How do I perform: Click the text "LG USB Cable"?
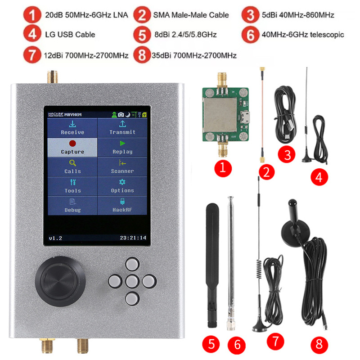[70, 35]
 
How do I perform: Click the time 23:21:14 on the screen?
[133, 237]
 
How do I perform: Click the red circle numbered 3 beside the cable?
[288, 155]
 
